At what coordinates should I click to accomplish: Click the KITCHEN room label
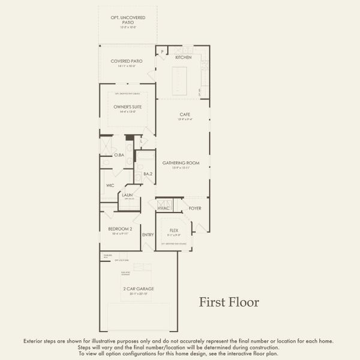pyautogui.click(x=183, y=57)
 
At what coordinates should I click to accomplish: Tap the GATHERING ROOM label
pyautogui.click(x=180, y=163)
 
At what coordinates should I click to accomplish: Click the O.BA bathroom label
pyautogui.click(x=118, y=155)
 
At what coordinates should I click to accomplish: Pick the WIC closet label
pyautogui.click(x=110, y=185)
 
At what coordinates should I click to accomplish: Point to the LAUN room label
pyautogui.click(x=127, y=195)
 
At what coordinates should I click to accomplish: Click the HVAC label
pyautogui.click(x=164, y=208)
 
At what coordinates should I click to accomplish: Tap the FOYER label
pyautogui.click(x=195, y=208)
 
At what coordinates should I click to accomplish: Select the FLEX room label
pyautogui.click(x=174, y=230)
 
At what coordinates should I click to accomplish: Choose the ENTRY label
pyautogui.click(x=148, y=235)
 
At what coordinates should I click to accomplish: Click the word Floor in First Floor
pyautogui.click(x=245, y=302)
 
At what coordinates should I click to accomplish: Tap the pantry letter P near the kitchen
pyautogui.click(x=161, y=52)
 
